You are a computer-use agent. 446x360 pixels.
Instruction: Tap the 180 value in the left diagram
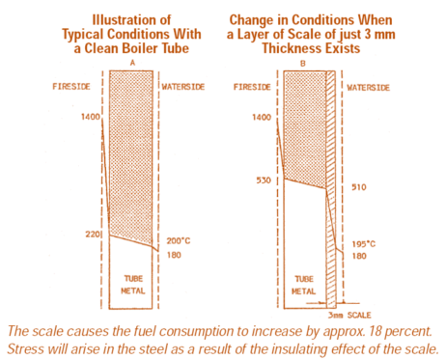coord(174,255)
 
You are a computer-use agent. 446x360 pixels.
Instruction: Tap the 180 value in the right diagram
coord(358,257)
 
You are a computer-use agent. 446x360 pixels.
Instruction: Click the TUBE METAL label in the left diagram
coord(131,282)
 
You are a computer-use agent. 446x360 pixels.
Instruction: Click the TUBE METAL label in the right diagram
coord(302,280)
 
